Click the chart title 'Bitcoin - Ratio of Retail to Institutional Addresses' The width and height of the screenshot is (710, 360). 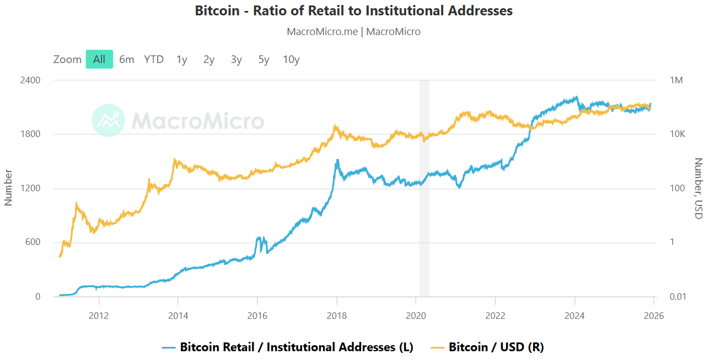tap(354, 10)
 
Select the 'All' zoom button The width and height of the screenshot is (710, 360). tap(99, 59)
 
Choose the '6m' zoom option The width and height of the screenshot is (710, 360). tap(127, 59)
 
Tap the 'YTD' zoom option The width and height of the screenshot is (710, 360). tap(154, 59)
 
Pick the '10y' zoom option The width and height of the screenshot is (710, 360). tap(291, 59)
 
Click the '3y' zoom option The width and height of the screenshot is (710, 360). tap(236, 59)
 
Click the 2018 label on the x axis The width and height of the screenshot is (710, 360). tap(337, 316)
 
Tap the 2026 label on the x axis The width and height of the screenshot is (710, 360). tap(654, 316)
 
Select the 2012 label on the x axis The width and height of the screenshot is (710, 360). tap(99, 316)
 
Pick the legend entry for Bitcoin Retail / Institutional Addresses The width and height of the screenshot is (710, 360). tap(288, 347)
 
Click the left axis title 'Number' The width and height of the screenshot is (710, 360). tap(8, 187)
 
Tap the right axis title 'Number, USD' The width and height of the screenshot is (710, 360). tap(698, 188)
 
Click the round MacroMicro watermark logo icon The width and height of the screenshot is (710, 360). tap(108, 120)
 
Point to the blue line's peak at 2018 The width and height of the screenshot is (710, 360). tap(337, 160)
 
